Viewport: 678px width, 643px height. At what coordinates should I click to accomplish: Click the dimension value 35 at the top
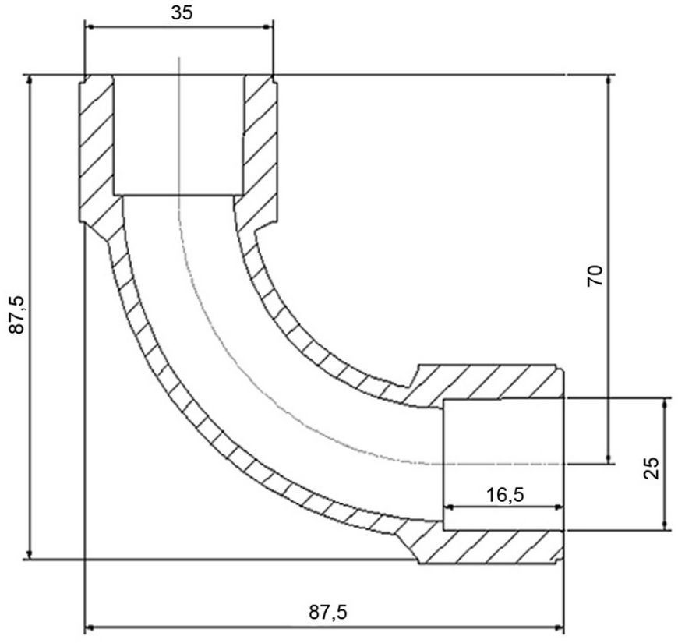click(182, 13)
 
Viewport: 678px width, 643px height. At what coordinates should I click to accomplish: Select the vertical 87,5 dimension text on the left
click(18, 314)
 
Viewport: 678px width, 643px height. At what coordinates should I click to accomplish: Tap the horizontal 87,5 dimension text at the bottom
click(328, 613)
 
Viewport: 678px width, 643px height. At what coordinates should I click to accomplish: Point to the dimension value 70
click(595, 275)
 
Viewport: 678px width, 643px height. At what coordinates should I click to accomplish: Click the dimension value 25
click(652, 468)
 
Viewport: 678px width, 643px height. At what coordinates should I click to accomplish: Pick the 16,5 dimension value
click(505, 495)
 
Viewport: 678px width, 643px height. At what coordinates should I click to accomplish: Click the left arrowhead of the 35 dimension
click(90, 27)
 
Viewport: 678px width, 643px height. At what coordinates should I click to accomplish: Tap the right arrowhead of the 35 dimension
click(268, 27)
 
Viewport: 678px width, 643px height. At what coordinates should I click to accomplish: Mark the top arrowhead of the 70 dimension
click(609, 81)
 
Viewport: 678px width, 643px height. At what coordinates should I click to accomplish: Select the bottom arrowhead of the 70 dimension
click(609, 458)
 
